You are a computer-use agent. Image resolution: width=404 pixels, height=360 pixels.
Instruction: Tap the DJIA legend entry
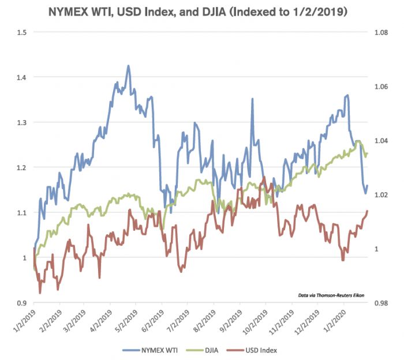pyautogui.click(x=212, y=350)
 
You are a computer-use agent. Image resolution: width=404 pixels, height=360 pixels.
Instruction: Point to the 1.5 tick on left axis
pyautogui.click(x=21, y=32)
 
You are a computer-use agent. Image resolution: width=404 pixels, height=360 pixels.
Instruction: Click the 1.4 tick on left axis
pyautogui.click(x=21, y=77)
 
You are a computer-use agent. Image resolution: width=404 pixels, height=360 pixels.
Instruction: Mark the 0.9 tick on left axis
pyautogui.click(x=21, y=303)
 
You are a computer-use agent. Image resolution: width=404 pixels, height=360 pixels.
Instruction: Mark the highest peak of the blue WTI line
pyautogui.click(x=128, y=66)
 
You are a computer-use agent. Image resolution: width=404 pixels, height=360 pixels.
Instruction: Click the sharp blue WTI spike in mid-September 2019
pyautogui.click(x=252, y=99)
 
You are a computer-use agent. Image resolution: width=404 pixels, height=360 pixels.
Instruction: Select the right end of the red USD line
pyautogui.click(x=367, y=211)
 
